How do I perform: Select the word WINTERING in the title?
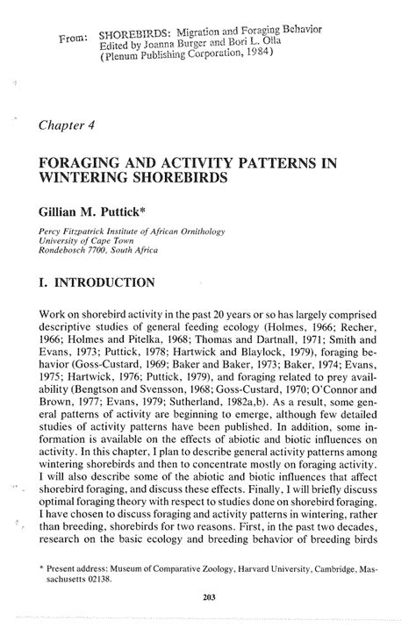click(89, 177)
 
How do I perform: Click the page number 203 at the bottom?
click(209, 596)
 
